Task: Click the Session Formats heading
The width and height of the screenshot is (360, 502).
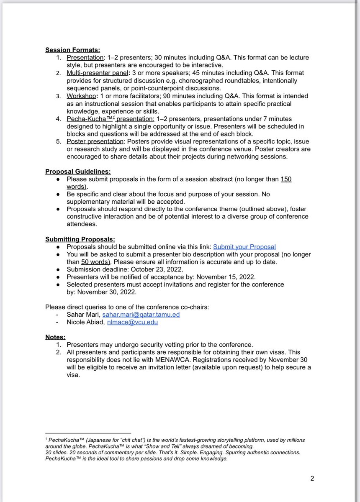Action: point(72,50)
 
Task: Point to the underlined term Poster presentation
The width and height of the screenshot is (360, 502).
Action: point(94,141)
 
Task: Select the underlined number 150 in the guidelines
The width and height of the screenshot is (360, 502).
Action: point(286,179)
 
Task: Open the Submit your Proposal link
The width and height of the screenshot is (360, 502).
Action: point(244,247)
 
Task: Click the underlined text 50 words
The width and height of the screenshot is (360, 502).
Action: point(95,262)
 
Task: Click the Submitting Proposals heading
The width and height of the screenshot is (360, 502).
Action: point(80,239)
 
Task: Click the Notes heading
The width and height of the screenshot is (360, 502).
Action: point(55,337)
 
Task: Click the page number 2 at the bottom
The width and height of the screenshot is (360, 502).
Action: point(312,478)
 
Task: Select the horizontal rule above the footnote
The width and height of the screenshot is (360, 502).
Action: point(88,433)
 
